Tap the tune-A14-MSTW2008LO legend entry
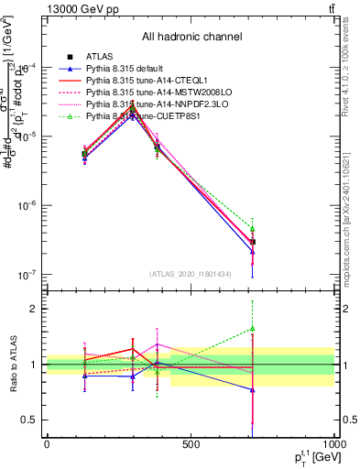pos(153,93)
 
